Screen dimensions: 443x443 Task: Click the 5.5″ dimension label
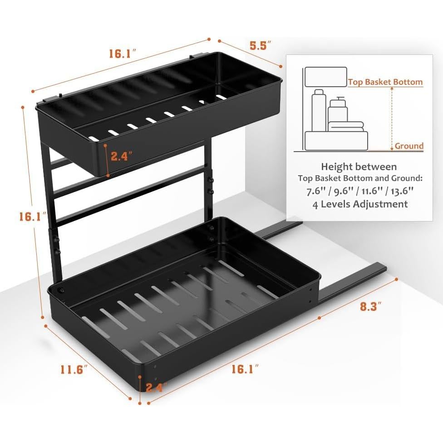coord(261,45)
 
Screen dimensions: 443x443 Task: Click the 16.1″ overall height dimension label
coord(33,217)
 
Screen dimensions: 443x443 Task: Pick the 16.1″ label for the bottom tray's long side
coord(245,369)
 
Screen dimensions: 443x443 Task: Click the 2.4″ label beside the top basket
coord(121,156)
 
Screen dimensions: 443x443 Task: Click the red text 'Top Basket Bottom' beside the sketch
coord(385,82)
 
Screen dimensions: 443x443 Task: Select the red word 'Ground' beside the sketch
coord(409,146)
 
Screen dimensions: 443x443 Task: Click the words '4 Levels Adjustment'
coord(359,204)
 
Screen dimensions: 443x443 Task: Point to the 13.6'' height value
coord(405,191)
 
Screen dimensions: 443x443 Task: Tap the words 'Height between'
coord(359,167)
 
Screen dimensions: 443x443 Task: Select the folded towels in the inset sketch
coord(345,126)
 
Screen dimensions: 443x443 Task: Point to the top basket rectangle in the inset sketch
coord(325,77)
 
